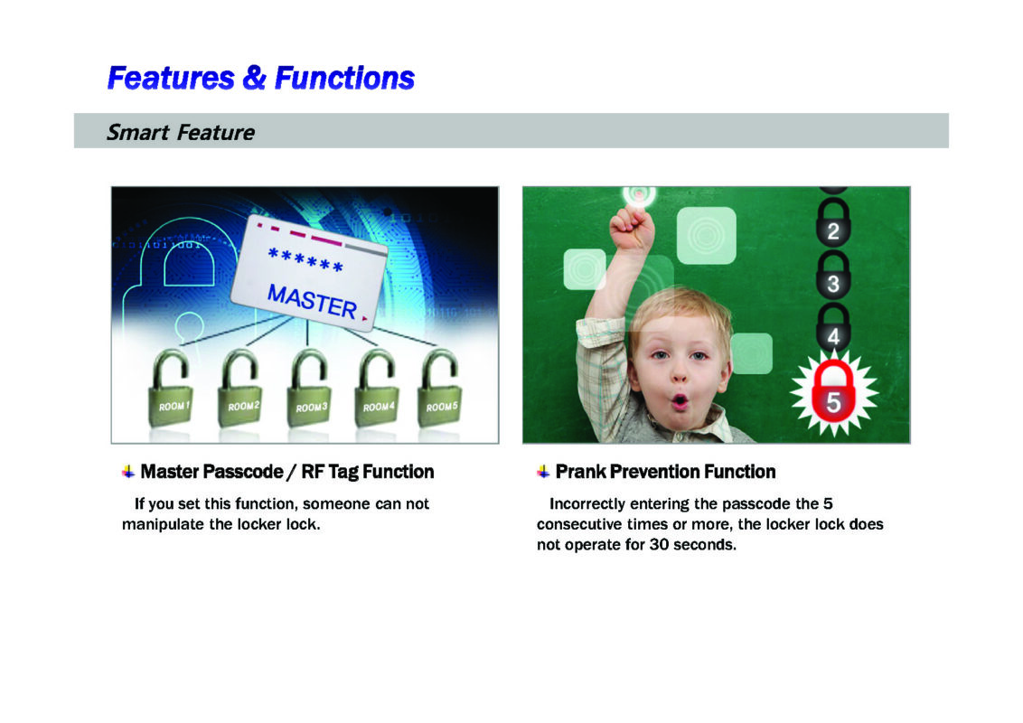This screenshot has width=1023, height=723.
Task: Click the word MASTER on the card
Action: pos(313,301)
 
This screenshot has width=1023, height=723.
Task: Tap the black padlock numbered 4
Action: pos(833,328)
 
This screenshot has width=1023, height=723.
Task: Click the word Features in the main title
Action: pos(171,78)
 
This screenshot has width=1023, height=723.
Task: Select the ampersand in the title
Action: pos(255,78)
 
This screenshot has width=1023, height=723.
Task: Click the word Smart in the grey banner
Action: pos(138,133)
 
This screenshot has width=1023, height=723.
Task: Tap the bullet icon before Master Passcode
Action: pos(128,472)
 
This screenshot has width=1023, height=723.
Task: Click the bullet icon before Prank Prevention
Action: pos(543,472)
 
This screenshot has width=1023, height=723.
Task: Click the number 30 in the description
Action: pos(659,544)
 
